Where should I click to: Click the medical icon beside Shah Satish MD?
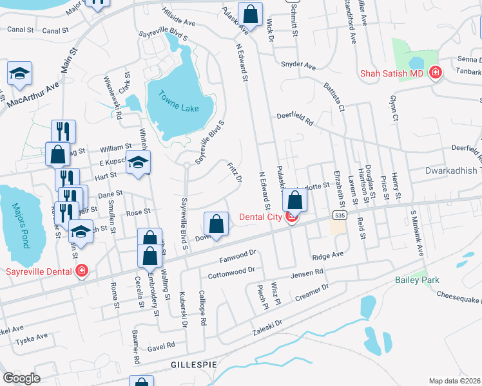tap(436, 73)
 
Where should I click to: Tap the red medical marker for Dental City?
tap(291, 217)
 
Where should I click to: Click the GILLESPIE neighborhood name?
tap(191, 365)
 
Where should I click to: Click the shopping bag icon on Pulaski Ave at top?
tap(251, 12)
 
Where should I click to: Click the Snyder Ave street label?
tap(298, 66)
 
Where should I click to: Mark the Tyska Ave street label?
tap(32, 336)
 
